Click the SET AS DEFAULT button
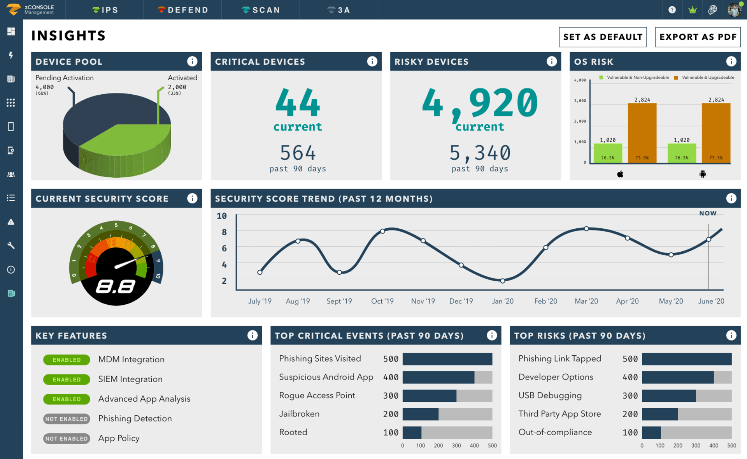click(x=602, y=37)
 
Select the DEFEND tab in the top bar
click(x=183, y=10)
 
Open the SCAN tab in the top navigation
click(x=261, y=10)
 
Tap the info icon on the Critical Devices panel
click(x=372, y=61)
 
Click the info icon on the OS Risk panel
click(x=731, y=61)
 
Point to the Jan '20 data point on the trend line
click(x=503, y=281)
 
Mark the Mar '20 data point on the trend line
click(x=586, y=229)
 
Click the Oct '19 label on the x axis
click(x=382, y=301)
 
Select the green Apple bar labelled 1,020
click(x=608, y=153)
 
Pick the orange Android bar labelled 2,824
click(x=716, y=133)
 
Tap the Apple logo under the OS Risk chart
click(x=620, y=174)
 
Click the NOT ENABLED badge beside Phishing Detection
click(x=67, y=419)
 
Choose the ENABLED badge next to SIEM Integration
click(x=67, y=380)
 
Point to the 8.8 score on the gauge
click(x=116, y=287)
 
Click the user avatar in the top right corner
click(x=734, y=10)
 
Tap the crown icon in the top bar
click(x=692, y=10)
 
